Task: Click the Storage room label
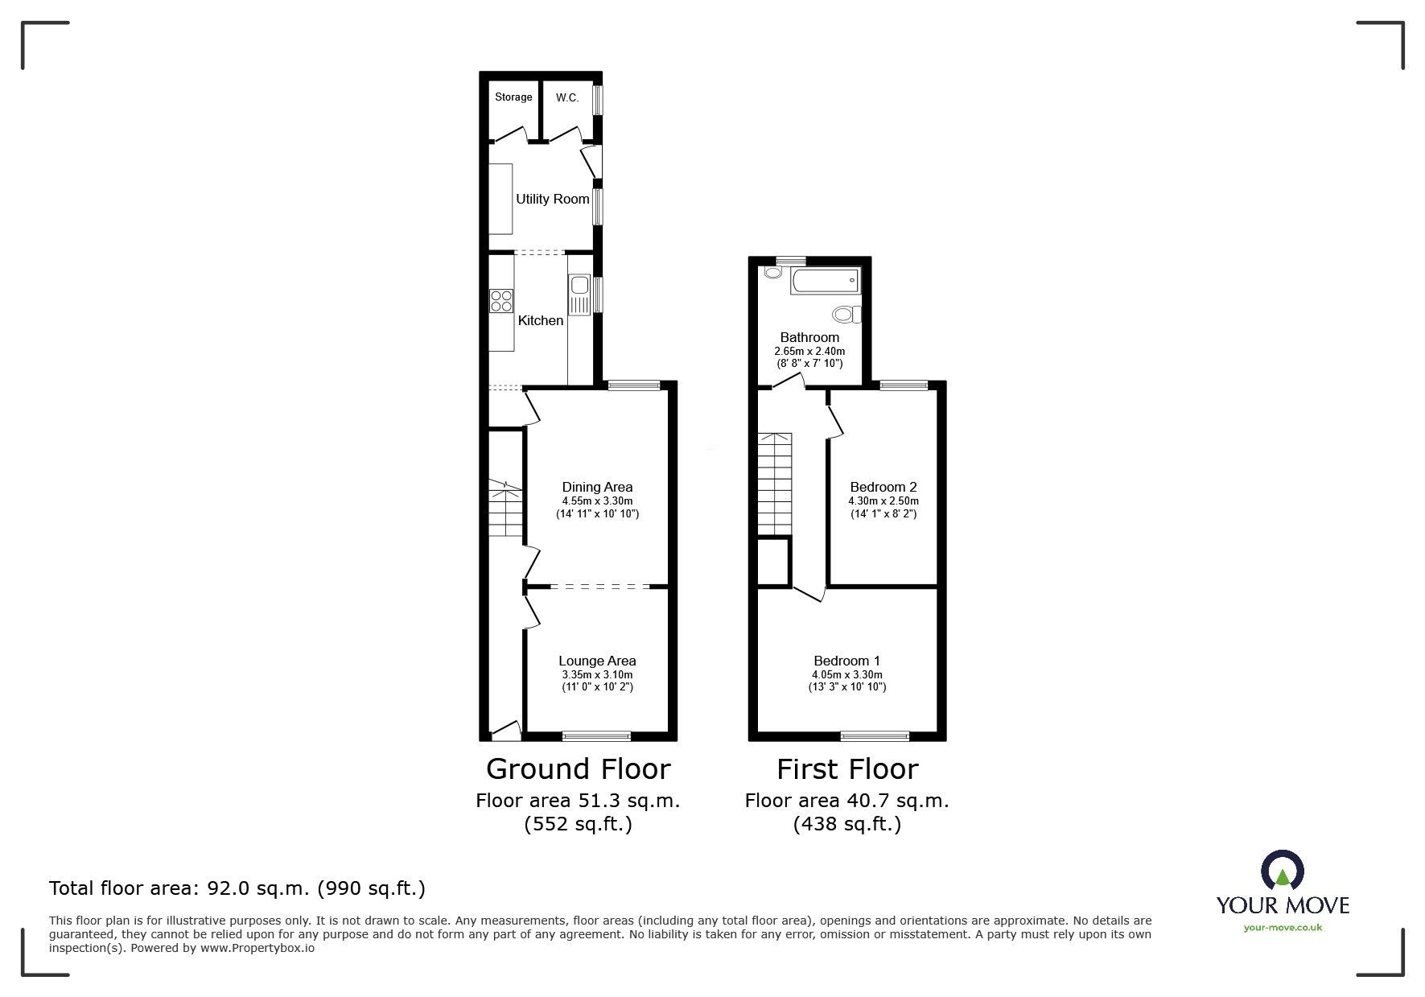pyautogui.click(x=513, y=97)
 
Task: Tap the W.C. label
pyautogui.click(x=566, y=97)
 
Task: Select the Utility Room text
pyautogui.click(x=552, y=199)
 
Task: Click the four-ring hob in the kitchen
pyautogui.click(x=501, y=300)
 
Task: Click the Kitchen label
pyautogui.click(x=540, y=320)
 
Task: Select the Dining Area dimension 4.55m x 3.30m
pyautogui.click(x=597, y=501)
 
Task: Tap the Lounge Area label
pyautogui.click(x=597, y=661)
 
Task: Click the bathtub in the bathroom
pyautogui.click(x=825, y=282)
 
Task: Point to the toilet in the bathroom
pyautogui.click(x=846, y=314)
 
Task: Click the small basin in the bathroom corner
pyautogui.click(x=773, y=273)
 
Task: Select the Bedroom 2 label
pyautogui.click(x=883, y=487)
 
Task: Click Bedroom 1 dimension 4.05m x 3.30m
pyautogui.click(x=846, y=674)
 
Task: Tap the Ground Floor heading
pyautogui.click(x=578, y=769)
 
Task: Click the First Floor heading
pyautogui.click(x=846, y=769)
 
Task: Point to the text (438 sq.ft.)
pyautogui.click(x=846, y=824)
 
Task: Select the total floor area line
pyautogui.click(x=237, y=888)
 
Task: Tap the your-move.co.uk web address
pyautogui.click(x=1283, y=928)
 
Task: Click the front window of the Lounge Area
pyautogui.click(x=596, y=735)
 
